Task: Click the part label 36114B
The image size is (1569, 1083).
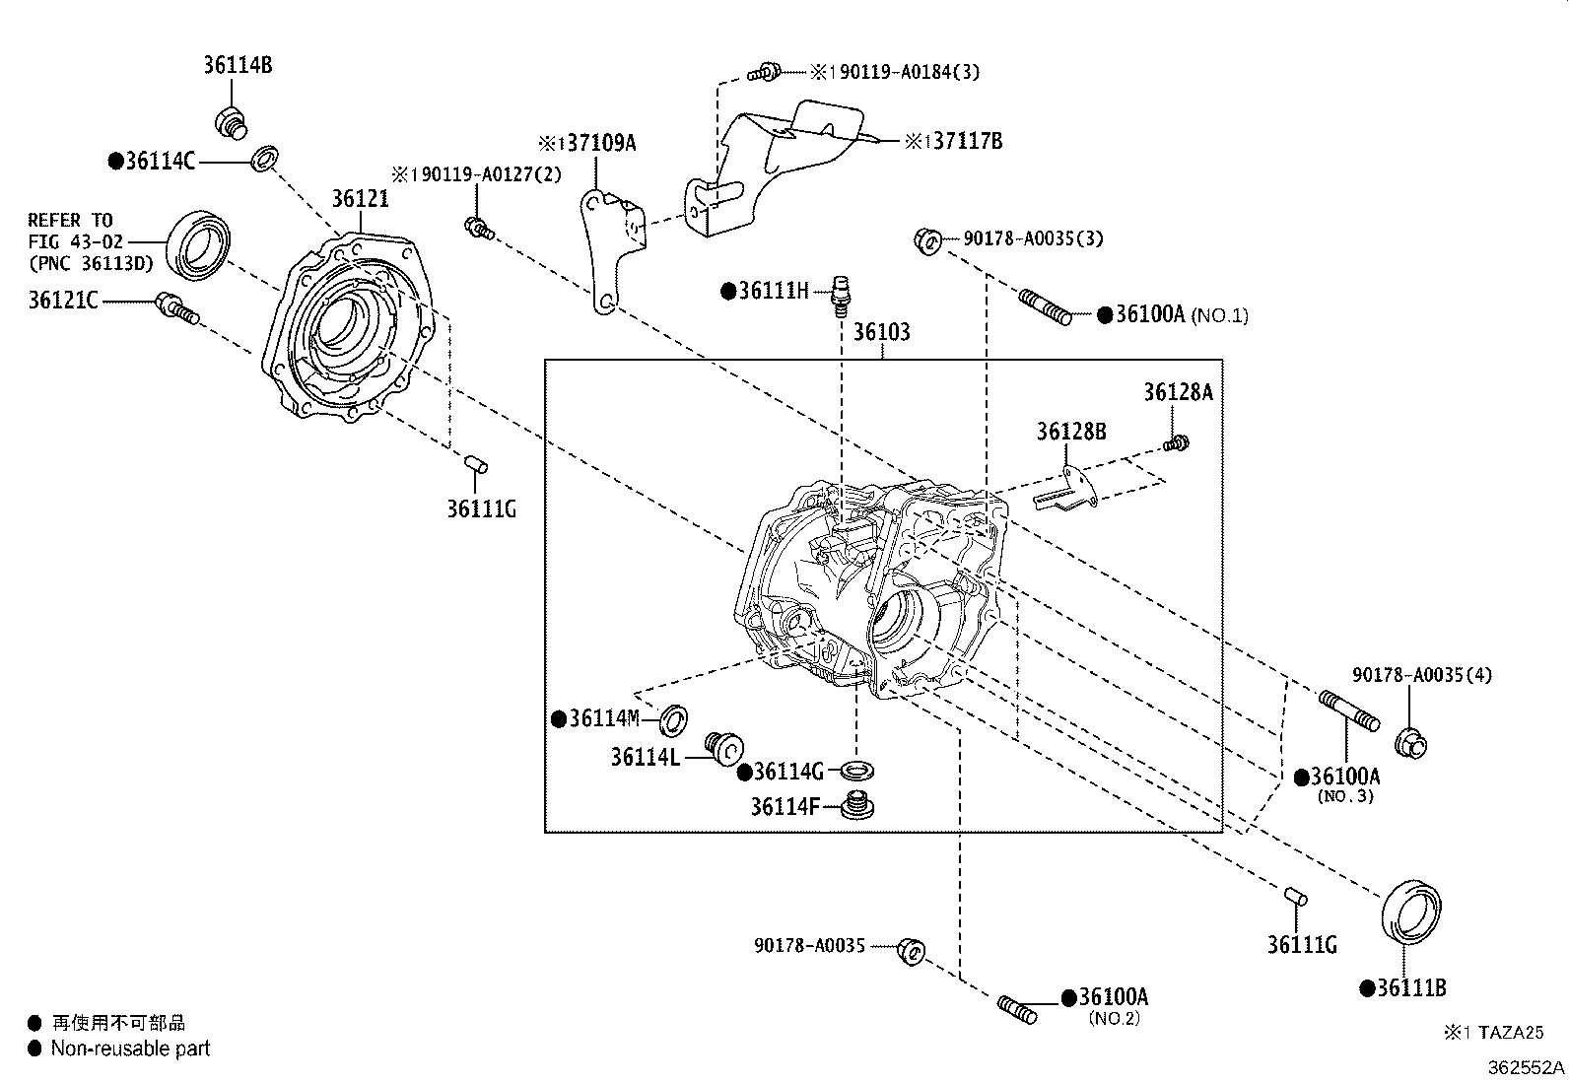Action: click(238, 65)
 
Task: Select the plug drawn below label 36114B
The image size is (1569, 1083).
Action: click(231, 123)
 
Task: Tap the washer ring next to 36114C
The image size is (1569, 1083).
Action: click(264, 159)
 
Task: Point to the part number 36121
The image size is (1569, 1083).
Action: click(360, 199)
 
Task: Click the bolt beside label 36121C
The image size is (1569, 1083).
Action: click(177, 309)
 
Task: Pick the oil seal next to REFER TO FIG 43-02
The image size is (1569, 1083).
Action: click(198, 245)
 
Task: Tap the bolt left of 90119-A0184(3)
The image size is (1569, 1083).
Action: click(764, 72)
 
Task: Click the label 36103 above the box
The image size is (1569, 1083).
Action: click(881, 331)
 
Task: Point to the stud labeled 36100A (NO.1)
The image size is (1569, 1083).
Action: click(1045, 307)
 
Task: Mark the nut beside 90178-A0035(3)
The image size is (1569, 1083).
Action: click(928, 241)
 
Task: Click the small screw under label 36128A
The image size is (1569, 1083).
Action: click(1176, 443)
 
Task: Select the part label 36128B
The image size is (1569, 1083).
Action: click(1071, 432)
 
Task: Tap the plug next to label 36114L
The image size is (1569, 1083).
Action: click(724, 749)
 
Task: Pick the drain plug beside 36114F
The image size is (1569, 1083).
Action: click(857, 805)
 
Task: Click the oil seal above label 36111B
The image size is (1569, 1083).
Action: click(1411, 912)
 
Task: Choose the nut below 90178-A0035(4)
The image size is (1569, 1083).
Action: click(1410, 743)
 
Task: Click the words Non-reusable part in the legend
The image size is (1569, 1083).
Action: click(130, 1048)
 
